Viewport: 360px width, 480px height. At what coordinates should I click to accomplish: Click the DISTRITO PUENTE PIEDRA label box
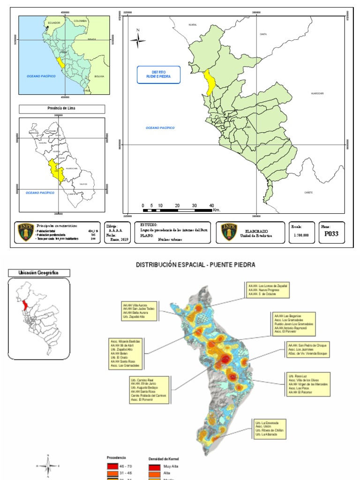coord(158,75)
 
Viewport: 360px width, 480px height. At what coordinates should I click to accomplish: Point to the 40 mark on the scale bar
coord(211,206)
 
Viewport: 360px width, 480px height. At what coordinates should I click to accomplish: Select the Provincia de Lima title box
coord(62,109)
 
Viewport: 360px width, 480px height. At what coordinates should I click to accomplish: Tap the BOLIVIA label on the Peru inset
coord(99,76)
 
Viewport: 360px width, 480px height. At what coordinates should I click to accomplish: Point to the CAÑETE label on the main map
coord(308,192)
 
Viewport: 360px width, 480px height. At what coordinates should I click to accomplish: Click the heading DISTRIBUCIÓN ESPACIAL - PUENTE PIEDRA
coord(195,265)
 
